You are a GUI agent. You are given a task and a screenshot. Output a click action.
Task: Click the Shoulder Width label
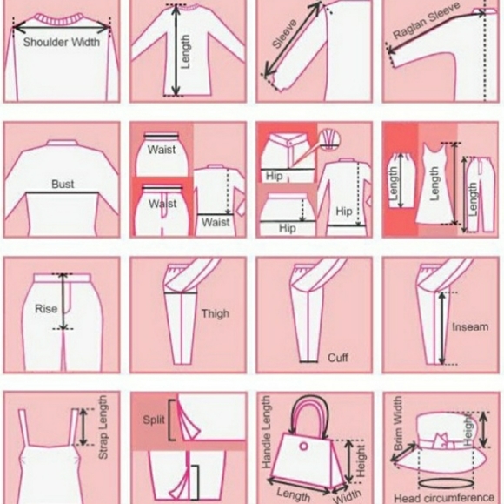[x=62, y=42]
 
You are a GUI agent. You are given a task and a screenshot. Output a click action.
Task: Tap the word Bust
[x=63, y=184]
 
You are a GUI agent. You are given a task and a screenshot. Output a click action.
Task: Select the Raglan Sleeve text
[x=426, y=20]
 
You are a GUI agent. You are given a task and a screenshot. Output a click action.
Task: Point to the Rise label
[x=46, y=308]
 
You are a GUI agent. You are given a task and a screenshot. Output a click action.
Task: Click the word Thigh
[x=216, y=313]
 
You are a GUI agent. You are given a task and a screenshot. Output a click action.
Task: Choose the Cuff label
[x=338, y=358]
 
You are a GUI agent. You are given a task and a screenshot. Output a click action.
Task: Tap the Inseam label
[x=470, y=327]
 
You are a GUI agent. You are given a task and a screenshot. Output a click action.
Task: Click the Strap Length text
[x=103, y=427]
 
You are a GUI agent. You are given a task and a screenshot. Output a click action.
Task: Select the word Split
[x=154, y=420]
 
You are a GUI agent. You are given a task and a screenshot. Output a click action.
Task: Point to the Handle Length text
[x=266, y=432]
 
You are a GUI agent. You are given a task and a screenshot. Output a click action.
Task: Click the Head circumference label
[x=444, y=498]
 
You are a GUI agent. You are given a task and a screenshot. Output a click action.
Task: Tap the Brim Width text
[x=398, y=423]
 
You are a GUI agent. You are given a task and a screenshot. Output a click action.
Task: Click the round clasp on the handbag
[x=303, y=447]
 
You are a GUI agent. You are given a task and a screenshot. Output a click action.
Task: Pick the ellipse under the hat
[x=446, y=484]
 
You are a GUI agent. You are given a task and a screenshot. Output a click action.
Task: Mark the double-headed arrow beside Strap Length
[x=83, y=427]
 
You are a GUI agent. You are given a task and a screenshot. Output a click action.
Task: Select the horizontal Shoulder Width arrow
[x=62, y=27]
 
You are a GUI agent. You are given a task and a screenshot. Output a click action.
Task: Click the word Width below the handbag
[x=347, y=496]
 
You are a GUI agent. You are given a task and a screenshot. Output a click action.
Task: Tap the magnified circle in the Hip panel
[x=329, y=139]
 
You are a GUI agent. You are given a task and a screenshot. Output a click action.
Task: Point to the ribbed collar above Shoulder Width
[x=60, y=19]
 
